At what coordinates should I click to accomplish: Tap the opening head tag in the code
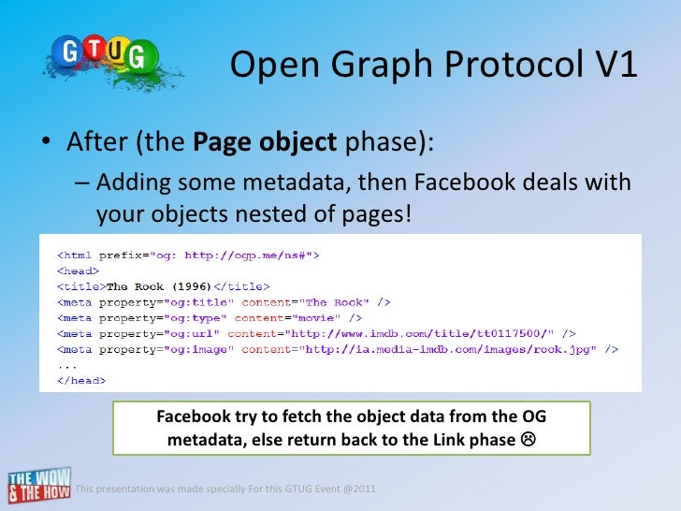pos(79,270)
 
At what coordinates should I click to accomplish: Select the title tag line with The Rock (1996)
pos(164,285)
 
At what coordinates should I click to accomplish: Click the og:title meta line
pos(224,302)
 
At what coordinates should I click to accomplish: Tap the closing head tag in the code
pos(82,382)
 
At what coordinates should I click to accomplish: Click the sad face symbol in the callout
pos(528,440)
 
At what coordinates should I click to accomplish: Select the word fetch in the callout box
pos(302,416)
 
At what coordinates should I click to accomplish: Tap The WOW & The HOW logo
pos(37,485)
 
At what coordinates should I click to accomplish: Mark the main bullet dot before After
pos(45,146)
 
